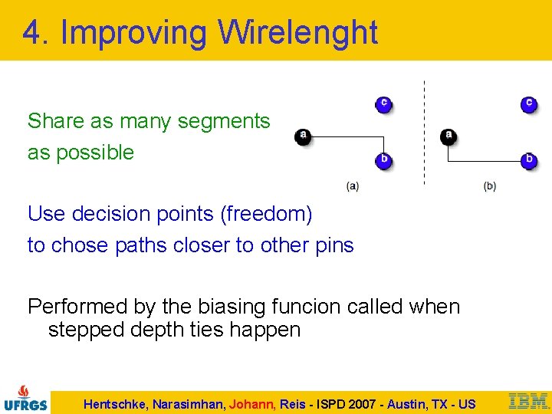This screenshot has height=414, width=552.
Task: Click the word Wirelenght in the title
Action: pos(297,33)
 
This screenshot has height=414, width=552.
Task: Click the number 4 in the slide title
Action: pos(31,33)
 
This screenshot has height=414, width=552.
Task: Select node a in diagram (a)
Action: pos(304,136)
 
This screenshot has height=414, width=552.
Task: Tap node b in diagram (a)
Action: pos(383,159)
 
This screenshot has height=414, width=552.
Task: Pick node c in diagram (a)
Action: pos(383,103)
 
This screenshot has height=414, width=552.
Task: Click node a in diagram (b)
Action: pos(449,136)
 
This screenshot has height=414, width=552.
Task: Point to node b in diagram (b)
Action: pos(528,159)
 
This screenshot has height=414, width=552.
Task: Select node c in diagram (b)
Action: pos(528,103)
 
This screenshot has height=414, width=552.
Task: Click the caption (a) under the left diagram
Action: pos(352,186)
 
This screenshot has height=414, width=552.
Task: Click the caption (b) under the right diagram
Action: pos(490,186)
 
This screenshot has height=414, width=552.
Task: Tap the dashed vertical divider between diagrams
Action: pos(424,130)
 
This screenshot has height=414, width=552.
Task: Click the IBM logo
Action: pos(528,400)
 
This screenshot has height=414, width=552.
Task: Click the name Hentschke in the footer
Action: pos(117,404)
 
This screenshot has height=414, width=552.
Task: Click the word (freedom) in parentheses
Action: pos(266,214)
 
